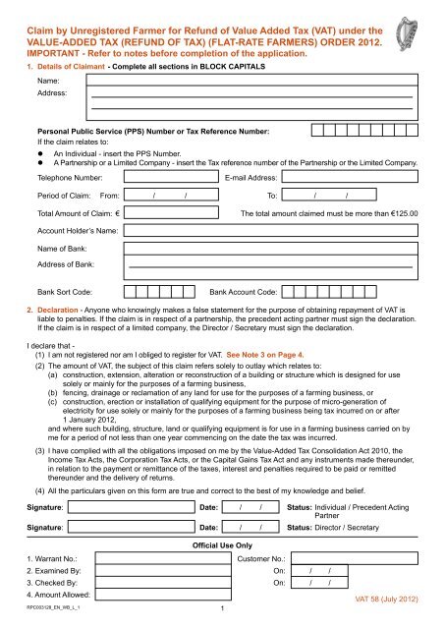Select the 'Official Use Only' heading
221,543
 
